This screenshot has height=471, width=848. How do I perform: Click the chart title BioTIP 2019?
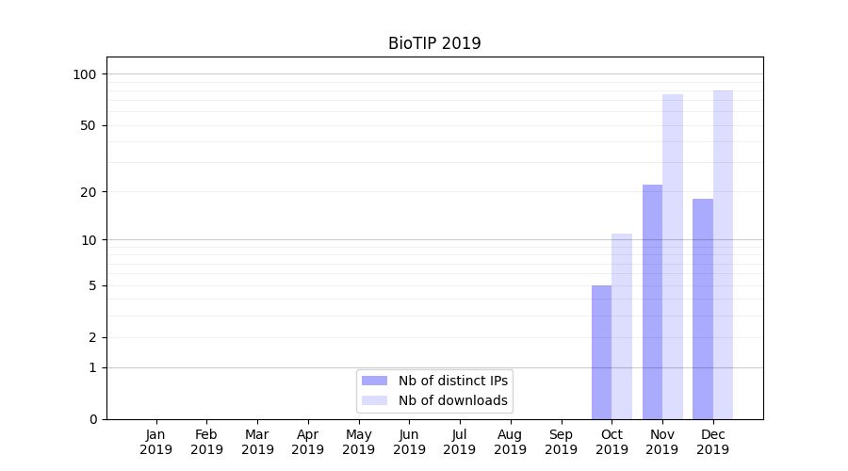(434, 43)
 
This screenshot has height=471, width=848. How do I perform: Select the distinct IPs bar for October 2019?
(601, 352)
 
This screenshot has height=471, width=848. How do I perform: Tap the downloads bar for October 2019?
(622, 326)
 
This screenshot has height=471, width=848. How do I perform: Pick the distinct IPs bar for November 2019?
(652, 301)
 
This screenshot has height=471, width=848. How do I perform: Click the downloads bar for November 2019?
(673, 256)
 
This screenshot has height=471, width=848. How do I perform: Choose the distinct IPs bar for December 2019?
(703, 309)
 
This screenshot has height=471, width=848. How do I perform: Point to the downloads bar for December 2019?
(723, 254)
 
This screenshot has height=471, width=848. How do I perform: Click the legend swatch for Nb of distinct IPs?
(374, 381)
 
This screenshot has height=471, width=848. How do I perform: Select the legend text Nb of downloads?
(453, 400)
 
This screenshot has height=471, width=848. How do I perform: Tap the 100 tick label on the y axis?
(85, 74)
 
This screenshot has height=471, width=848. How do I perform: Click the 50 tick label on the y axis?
(89, 125)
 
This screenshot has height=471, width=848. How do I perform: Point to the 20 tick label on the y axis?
(89, 192)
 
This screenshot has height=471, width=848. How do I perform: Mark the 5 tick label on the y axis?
(92, 285)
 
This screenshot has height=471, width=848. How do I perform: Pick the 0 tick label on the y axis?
(92, 419)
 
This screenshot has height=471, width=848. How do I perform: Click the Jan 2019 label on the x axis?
(156, 442)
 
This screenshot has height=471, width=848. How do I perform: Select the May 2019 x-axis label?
(359, 442)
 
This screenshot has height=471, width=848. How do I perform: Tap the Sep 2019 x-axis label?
(561, 442)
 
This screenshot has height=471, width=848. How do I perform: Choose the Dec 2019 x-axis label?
(713, 442)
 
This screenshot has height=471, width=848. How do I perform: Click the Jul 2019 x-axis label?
(460, 442)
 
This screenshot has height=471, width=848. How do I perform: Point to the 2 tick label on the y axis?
(92, 337)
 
